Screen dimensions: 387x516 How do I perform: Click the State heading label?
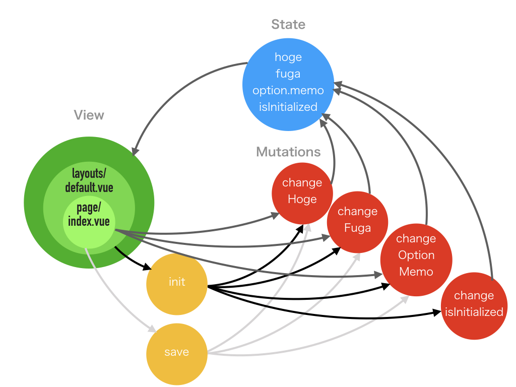(x=288, y=24)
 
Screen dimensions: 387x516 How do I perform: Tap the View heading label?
(x=89, y=115)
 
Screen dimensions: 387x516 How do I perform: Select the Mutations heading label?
(x=288, y=152)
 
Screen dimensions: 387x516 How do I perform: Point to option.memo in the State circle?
(x=288, y=90)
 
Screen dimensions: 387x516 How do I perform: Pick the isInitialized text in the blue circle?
(x=288, y=107)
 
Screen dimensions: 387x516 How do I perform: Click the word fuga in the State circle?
(x=288, y=74)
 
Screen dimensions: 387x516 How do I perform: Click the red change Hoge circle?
(x=302, y=191)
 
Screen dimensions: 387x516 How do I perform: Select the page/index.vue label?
(x=89, y=216)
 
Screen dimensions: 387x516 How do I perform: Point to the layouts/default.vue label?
(x=89, y=181)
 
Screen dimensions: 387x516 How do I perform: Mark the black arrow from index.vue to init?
(x=132, y=259)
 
